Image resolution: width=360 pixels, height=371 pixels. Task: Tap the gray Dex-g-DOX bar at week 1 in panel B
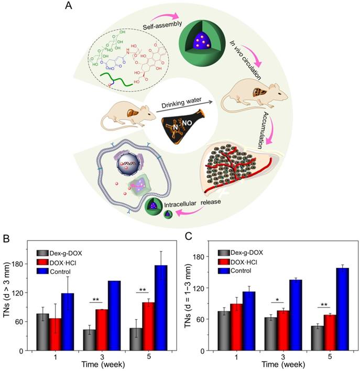(43, 332)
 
